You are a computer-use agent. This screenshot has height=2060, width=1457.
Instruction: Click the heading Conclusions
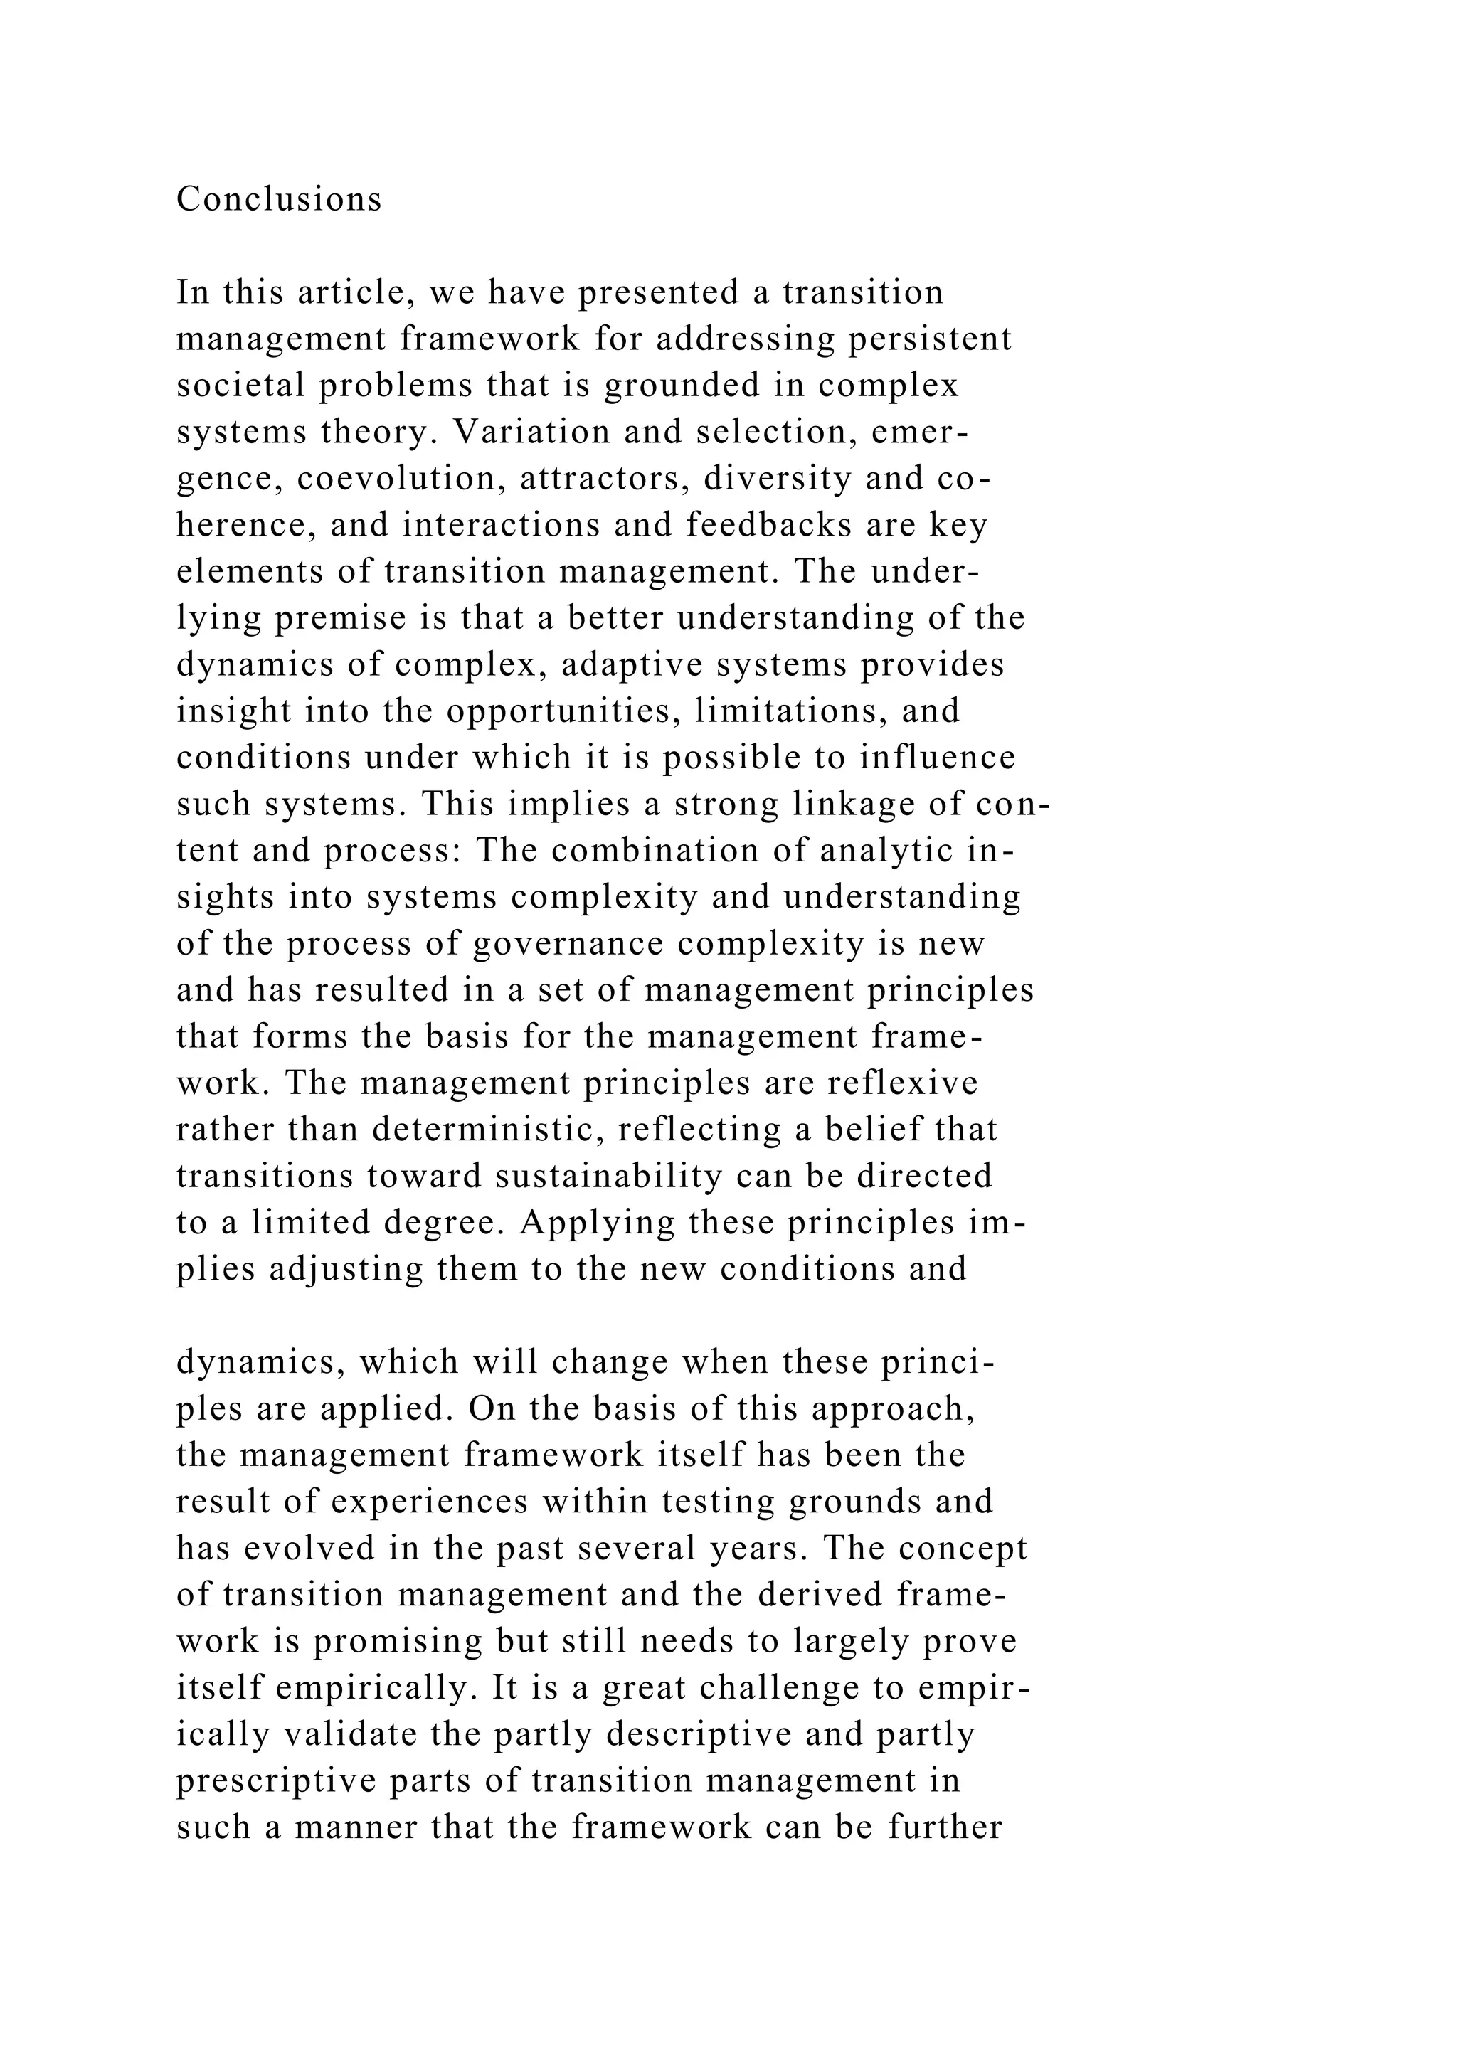click(x=279, y=199)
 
